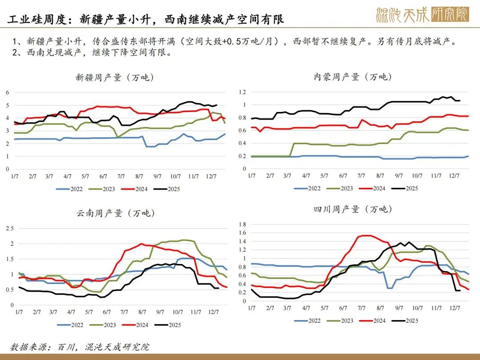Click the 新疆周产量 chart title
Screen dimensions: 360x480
115,77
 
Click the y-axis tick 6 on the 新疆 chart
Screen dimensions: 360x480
7,92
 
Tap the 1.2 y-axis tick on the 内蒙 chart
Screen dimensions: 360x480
243,92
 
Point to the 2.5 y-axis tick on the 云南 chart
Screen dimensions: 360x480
9,228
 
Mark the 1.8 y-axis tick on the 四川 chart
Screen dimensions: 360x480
243,224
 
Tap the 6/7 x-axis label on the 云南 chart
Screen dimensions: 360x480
107,312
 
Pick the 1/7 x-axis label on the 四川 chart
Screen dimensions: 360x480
251,308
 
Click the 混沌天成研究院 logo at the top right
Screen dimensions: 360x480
422,16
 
